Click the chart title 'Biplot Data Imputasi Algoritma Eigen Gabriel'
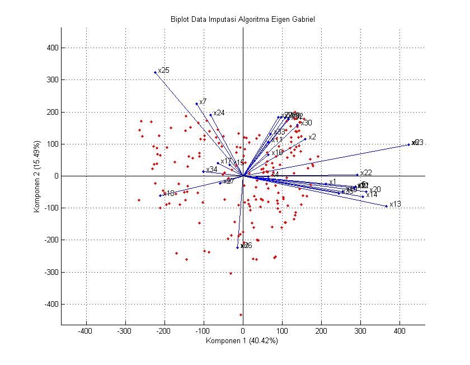[243, 19]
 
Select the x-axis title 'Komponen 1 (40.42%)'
[242, 340]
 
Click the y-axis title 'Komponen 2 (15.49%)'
[36, 176]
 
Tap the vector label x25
[163, 71]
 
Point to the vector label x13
[395, 204]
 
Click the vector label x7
[203, 102]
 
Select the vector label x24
[219, 113]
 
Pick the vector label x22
[366, 173]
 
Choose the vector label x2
[312, 137]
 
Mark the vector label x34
[211, 170]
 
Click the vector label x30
[307, 123]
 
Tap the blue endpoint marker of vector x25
[155, 72]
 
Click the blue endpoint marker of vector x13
[386, 206]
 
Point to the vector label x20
[375, 190]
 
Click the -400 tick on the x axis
[86, 331]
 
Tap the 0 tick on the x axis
[243, 331]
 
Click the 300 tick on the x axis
[360, 331]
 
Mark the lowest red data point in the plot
[241, 315]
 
